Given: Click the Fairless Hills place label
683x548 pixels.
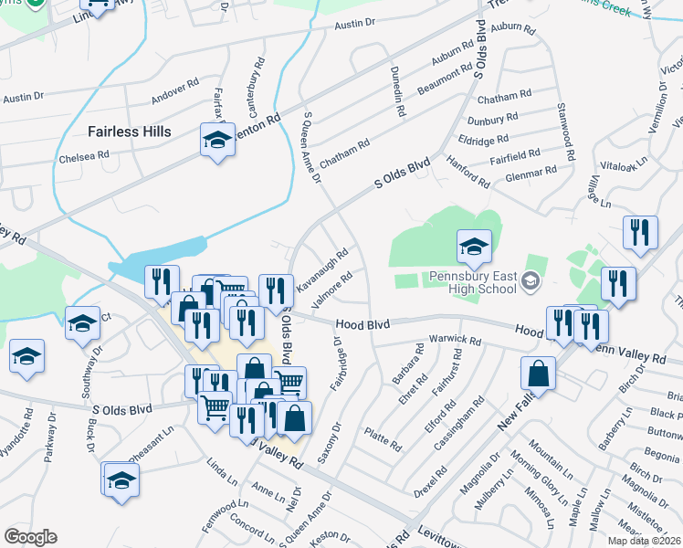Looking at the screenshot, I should [129, 132].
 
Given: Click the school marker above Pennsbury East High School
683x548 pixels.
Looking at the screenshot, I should [475, 246].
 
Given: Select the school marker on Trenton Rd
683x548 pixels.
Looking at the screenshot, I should [217, 142].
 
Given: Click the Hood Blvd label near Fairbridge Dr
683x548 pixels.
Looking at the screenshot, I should [362, 324].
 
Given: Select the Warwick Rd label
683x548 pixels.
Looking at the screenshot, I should [459, 341].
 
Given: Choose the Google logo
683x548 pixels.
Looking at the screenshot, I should [31, 537].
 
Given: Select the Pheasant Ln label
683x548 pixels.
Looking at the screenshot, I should [152, 437].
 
